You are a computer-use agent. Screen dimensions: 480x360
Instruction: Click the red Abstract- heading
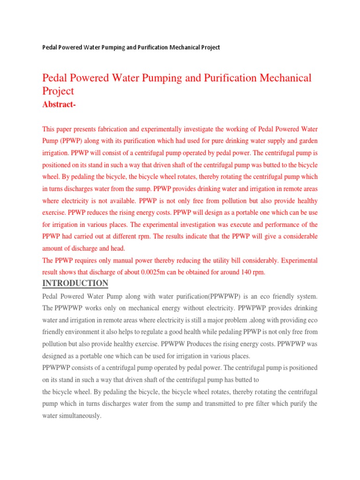click(59, 105)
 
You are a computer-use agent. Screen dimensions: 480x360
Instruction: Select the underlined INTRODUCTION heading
click(75, 283)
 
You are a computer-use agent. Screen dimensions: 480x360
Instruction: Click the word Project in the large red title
click(58, 91)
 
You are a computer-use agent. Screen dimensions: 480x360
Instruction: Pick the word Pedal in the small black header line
click(50, 47)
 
